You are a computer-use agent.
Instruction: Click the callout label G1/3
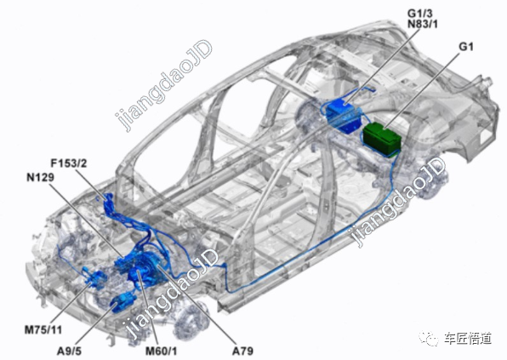pos(419,14)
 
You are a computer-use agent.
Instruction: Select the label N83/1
pos(422,25)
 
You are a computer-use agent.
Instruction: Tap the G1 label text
pos(466,47)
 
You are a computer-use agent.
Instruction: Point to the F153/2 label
pos(69,163)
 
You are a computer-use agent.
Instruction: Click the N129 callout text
pos(41,177)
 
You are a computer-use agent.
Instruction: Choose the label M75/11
pos(43,330)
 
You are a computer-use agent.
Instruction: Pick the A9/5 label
pos(69,351)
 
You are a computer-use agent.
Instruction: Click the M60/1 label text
pos(161,351)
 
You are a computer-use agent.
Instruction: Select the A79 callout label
pos(242,351)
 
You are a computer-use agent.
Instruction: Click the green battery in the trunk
pos(383,139)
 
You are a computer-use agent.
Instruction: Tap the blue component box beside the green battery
pos(344,116)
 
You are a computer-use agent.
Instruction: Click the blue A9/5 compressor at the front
pos(124,302)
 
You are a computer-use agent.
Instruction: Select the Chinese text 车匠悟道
pos(468,339)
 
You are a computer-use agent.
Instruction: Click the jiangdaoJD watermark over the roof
pos(163,85)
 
